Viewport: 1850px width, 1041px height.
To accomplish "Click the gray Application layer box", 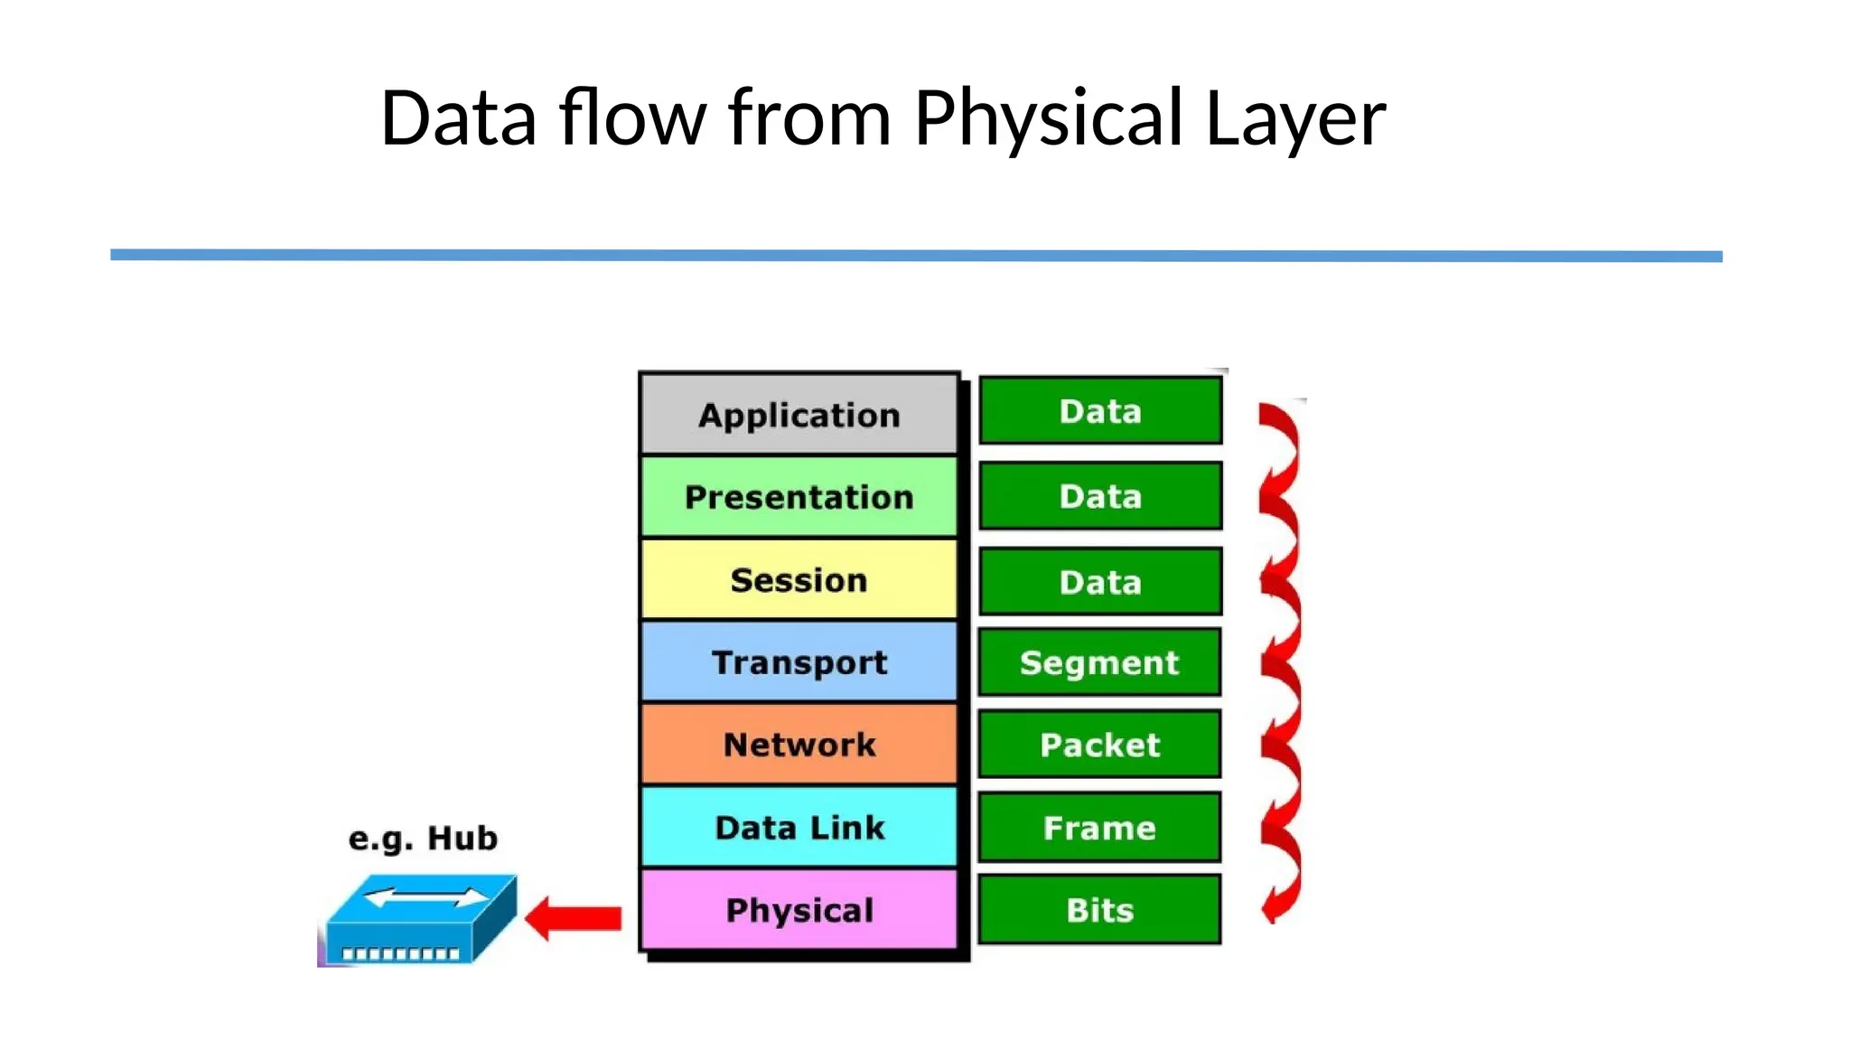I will (799, 415).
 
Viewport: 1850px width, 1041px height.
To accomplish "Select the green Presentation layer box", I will (799, 497).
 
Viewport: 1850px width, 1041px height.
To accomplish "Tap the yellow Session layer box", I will (799, 579).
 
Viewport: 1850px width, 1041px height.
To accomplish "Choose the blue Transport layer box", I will (799, 662).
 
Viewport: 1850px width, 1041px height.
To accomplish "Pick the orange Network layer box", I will (799, 745).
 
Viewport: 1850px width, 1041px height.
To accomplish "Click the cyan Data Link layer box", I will (799, 827).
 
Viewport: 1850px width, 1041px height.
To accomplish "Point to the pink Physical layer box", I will (799, 910).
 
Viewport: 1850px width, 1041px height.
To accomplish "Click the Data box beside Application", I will (1100, 411).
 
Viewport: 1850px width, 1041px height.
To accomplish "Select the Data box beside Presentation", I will (1100, 496).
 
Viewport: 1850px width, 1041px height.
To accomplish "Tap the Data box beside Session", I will (1100, 581).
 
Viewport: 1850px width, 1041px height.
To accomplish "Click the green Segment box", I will (1099, 662).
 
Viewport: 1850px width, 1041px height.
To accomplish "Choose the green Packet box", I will (1099, 745).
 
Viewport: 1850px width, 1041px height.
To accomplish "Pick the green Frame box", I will (1099, 828).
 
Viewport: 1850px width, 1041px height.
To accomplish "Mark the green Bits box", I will (1099, 910).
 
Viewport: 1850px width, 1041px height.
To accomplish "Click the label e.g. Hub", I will (423, 839).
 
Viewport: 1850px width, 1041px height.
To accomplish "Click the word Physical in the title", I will (1049, 117).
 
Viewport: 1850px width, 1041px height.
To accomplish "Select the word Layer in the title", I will (1295, 117).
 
